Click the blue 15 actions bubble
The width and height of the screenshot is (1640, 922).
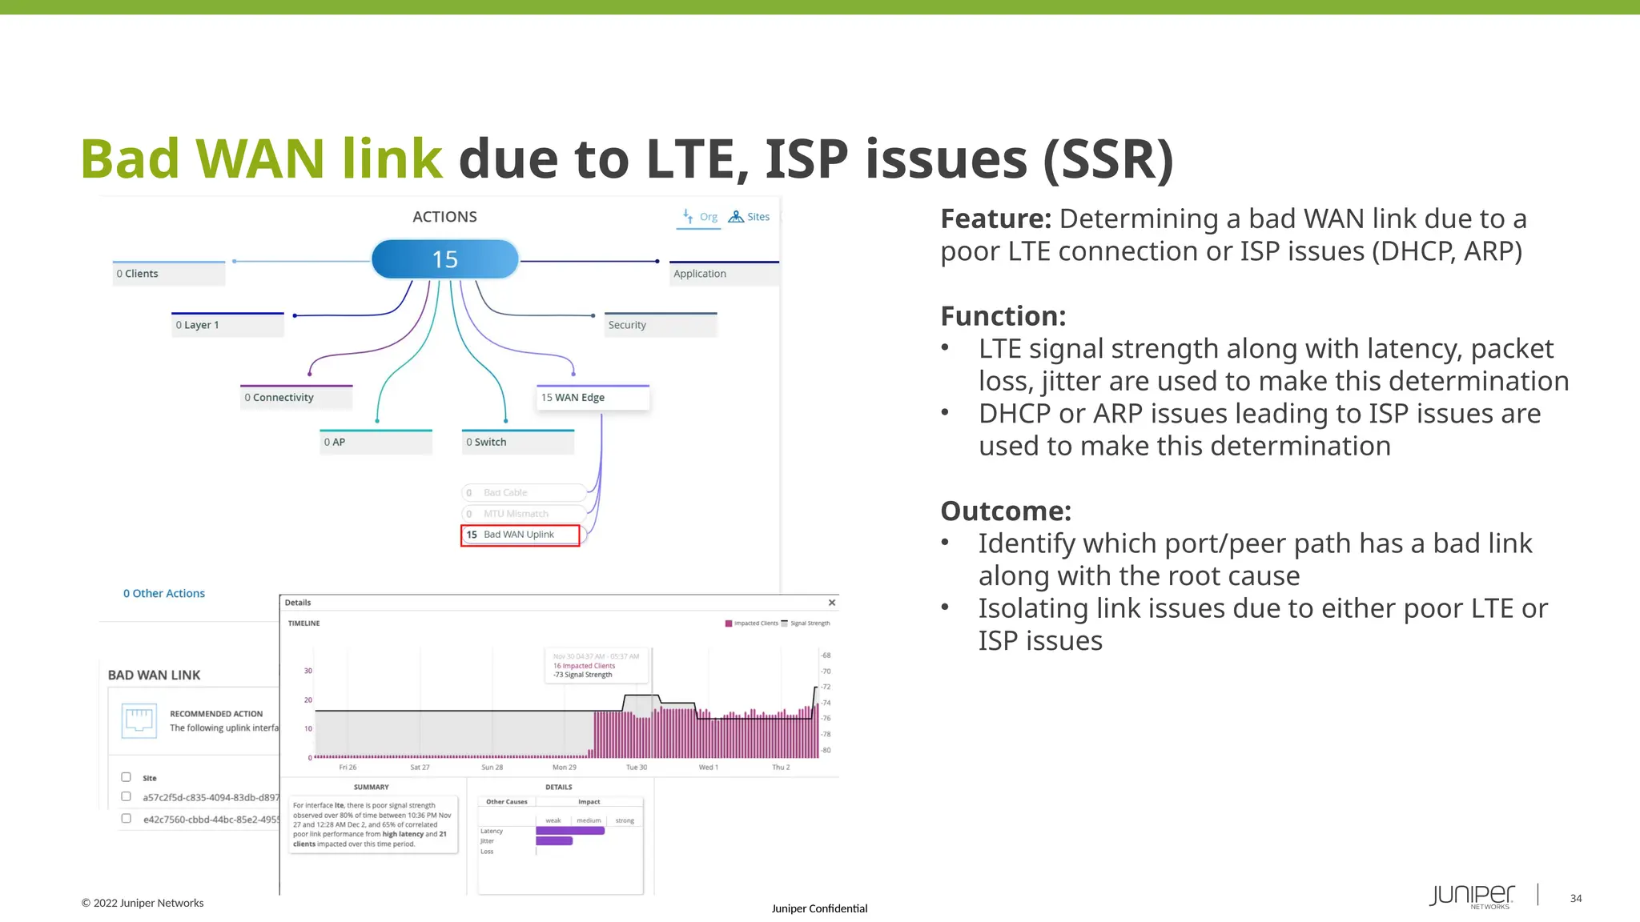(x=445, y=259)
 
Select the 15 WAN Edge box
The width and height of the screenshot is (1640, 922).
(x=593, y=398)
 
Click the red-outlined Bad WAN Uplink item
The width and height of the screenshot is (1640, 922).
(x=520, y=535)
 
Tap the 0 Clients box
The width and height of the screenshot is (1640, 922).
(x=169, y=274)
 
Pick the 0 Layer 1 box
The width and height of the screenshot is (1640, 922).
(x=228, y=325)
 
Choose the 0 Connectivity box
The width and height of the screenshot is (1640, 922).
(x=296, y=398)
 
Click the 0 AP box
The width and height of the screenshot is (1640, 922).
(x=376, y=442)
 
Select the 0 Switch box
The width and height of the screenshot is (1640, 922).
(x=518, y=442)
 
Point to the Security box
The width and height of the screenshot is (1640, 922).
(x=661, y=325)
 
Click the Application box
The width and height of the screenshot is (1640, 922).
(x=723, y=274)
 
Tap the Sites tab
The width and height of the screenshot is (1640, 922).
(x=750, y=217)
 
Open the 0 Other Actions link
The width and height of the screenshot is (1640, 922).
(x=164, y=593)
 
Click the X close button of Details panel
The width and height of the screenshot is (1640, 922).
(x=832, y=603)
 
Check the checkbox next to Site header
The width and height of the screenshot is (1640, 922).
(x=126, y=777)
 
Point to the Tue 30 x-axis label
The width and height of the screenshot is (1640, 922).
(x=637, y=768)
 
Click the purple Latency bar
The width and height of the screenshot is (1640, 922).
(x=570, y=831)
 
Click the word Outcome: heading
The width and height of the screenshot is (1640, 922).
(x=1006, y=511)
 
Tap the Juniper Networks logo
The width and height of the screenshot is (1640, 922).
(x=1472, y=896)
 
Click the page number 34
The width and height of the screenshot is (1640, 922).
(x=1576, y=899)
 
